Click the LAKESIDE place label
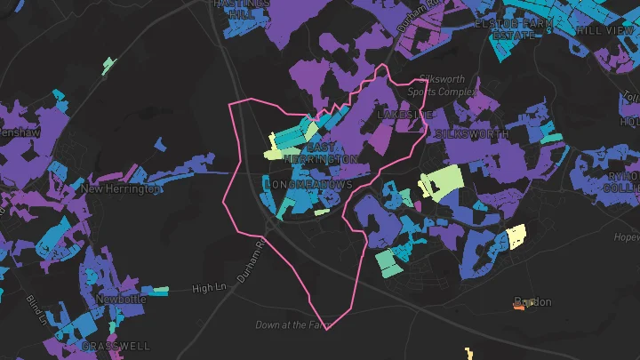(x=405, y=116)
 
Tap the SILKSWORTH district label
(x=472, y=134)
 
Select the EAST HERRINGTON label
(x=332, y=152)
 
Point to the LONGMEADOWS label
(x=308, y=185)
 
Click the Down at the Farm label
(x=292, y=325)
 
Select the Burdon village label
(x=533, y=302)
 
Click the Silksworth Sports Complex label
(x=444, y=85)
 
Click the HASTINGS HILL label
(x=241, y=7)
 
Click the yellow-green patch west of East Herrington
(x=273, y=148)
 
